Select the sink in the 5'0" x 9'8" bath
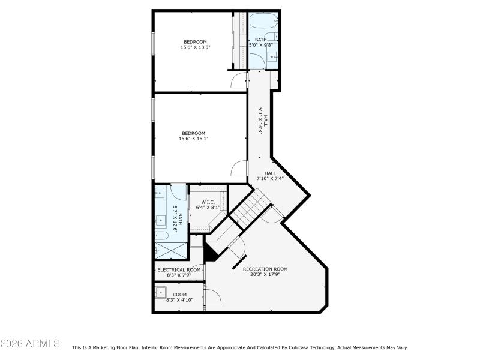click(x=272, y=58)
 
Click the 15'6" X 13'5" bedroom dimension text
click(x=195, y=47)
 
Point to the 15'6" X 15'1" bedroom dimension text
click(x=193, y=139)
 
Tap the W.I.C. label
click(x=208, y=202)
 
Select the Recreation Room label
click(x=265, y=269)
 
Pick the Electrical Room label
click(x=179, y=270)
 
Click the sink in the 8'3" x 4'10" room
click(x=160, y=292)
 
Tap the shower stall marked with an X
click(x=171, y=251)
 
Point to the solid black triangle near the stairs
click(x=209, y=253)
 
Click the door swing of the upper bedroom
click(x=239, y=80)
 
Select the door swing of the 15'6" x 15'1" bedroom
click(x=239, y=169)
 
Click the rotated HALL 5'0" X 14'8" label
click(x=262, y=119)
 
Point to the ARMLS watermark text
click(x=30, y=344)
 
